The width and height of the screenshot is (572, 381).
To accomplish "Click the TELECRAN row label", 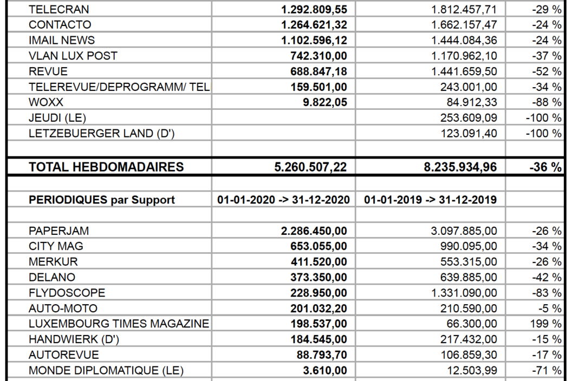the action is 58,9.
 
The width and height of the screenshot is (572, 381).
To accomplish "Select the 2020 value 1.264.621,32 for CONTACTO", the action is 314,25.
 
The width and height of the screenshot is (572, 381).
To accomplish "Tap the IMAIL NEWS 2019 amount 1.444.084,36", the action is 464,40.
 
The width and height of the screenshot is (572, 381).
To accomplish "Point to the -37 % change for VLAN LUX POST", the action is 547,56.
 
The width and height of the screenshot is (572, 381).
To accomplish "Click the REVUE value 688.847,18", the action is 319,71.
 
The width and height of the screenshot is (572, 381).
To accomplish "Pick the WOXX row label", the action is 46,102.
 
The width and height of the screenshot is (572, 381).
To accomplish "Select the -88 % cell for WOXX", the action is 547,102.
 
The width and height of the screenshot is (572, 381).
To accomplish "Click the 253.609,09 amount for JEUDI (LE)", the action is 469,118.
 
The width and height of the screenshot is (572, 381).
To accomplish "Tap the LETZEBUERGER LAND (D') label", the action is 102,134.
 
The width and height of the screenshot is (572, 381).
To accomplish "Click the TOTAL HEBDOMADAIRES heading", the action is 106,167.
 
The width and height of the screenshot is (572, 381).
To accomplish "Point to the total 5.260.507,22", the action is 311,167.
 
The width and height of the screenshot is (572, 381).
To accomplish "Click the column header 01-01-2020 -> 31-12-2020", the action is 283,200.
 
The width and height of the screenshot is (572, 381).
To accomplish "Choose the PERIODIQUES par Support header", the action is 102,200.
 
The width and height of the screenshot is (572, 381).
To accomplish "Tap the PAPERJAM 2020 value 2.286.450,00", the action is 314,231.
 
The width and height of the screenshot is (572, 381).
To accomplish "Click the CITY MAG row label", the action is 56,246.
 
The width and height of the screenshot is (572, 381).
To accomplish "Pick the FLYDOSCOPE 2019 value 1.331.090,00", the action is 464,293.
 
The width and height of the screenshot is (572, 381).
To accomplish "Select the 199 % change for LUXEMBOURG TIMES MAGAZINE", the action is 548,324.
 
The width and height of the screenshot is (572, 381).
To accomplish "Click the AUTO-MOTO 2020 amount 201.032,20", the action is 319,309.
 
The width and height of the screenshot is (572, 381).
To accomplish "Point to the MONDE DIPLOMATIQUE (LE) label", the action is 106,371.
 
